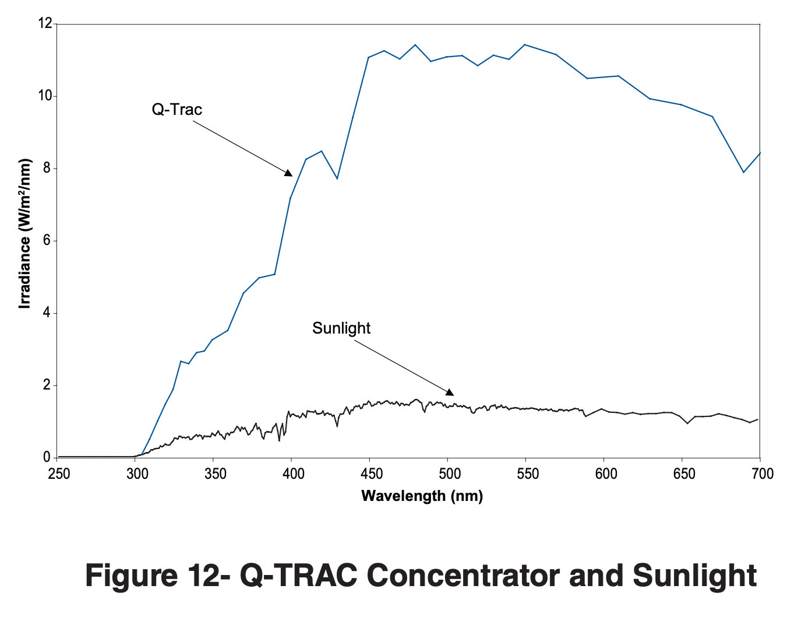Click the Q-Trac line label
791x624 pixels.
[x=176, y=110]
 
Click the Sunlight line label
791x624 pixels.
[x=341, y=328]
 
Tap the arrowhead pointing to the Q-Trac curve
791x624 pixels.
[x=288, y=172]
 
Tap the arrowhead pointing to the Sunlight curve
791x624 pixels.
[x=449, y=392]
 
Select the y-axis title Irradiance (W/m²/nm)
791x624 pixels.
[x=24, y=233]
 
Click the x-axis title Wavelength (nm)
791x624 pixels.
[x=422, y=496]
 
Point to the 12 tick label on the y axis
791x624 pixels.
[x=45, y=24]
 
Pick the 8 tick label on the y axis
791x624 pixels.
[x=47, y=169]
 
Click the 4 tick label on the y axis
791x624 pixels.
[x=47, y=313]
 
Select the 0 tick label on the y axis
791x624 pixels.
[x=47, y=458]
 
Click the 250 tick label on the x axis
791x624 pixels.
[x=58, y=474]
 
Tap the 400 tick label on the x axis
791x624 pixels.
[x=293, y=474]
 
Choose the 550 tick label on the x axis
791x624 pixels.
[x=527, y=474]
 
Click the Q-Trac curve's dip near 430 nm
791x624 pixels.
[x=337, y=178]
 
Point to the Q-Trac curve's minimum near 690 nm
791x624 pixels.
[x=743, y=172]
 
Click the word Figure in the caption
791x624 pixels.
[x=131, y=576]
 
